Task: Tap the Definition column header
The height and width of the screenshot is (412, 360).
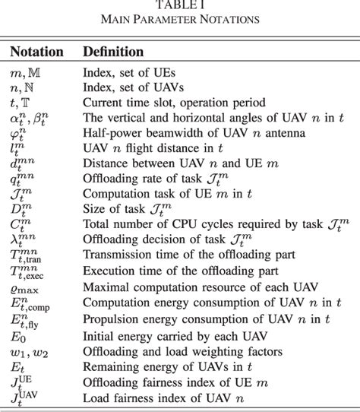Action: [x=113, y=52]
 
